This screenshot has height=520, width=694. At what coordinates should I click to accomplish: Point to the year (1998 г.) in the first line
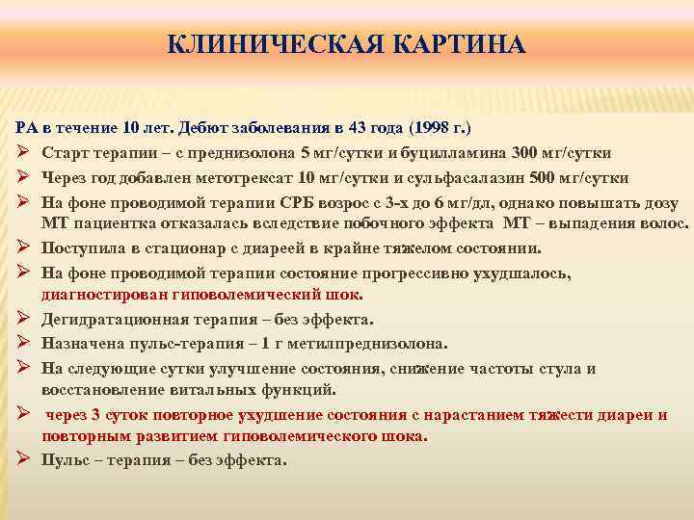[440, 128]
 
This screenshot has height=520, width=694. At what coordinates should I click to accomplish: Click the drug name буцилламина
[463, 153]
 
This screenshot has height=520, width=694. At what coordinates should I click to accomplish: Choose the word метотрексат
[246, 178]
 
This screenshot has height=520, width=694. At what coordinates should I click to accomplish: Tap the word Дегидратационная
[107, 319]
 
